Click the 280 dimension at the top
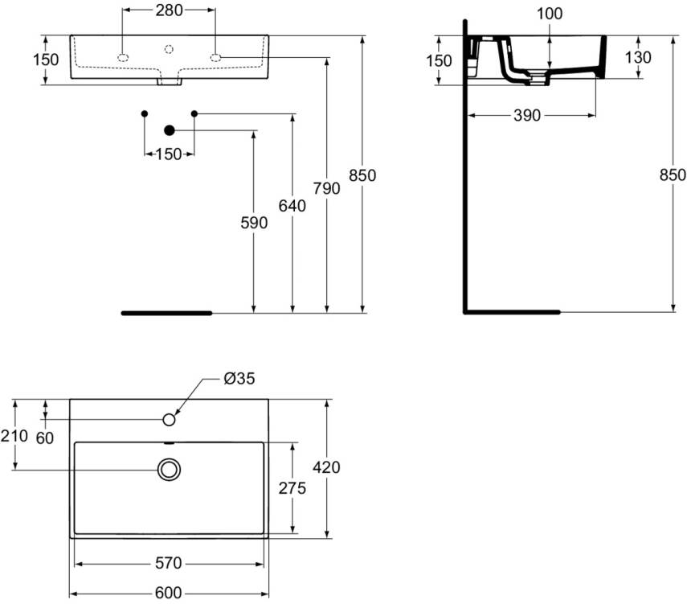169,10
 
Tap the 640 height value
292,206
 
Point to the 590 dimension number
254,223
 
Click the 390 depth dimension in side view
526,116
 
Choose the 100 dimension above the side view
550,14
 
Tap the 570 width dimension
169,563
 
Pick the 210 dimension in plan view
15,436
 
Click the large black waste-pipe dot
170,130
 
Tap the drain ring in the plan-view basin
170,470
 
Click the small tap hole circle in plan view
170,420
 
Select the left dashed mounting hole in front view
123,57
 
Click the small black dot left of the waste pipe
145,113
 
